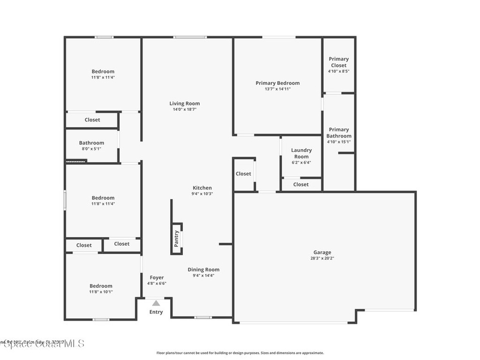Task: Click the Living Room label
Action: [184, 104]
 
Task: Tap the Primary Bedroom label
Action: [277, 83]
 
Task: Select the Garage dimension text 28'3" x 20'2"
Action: [322, 258]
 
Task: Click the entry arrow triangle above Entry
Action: [156, 303]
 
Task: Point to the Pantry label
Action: [177, 239]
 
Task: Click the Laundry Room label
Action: [301, 153]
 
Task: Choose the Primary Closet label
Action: [338, 62]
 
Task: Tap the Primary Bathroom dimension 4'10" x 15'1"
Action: [338, 142]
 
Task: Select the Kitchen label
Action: [202, 187]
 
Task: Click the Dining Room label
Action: [203, 270]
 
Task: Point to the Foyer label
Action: [157, 277]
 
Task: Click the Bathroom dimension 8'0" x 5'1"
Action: [91, 149]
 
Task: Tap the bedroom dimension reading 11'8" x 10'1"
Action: [101, 292]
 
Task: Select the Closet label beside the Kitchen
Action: [243, 173]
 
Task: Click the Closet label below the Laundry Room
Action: [301, 184]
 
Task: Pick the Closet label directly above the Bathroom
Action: [92, 120]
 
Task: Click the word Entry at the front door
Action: [156, 312]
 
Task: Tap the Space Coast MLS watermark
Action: [42, 344]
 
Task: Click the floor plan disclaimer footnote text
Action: [240, 353]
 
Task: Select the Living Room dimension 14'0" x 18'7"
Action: [184, 110]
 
